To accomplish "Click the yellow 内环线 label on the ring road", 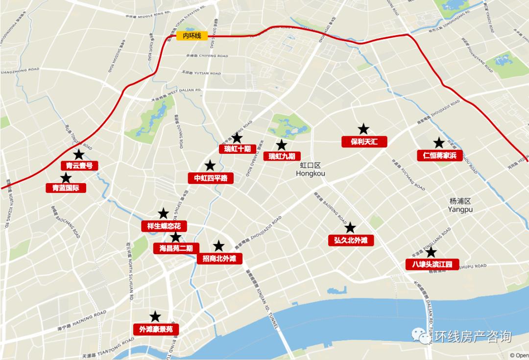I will [192, 36].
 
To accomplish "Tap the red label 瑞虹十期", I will [237, 148].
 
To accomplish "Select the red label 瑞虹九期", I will [282, 156].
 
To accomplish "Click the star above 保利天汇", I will [363, 129].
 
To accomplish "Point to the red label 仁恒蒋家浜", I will [439, 155].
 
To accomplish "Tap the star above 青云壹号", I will [79, 154].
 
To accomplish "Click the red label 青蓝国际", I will [66, 188].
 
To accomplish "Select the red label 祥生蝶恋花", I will [164, 226].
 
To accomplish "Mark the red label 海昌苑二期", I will [176, 248].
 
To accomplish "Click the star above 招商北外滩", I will [218, 246].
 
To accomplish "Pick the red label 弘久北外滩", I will [350, 240].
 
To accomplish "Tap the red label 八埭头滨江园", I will [432, 264].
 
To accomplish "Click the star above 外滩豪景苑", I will [155, 316].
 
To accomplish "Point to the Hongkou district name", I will [310, 169].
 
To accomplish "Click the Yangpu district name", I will [459, 205].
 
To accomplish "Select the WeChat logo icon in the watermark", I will [420, 336].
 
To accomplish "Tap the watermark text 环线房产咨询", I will [472, 336].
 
